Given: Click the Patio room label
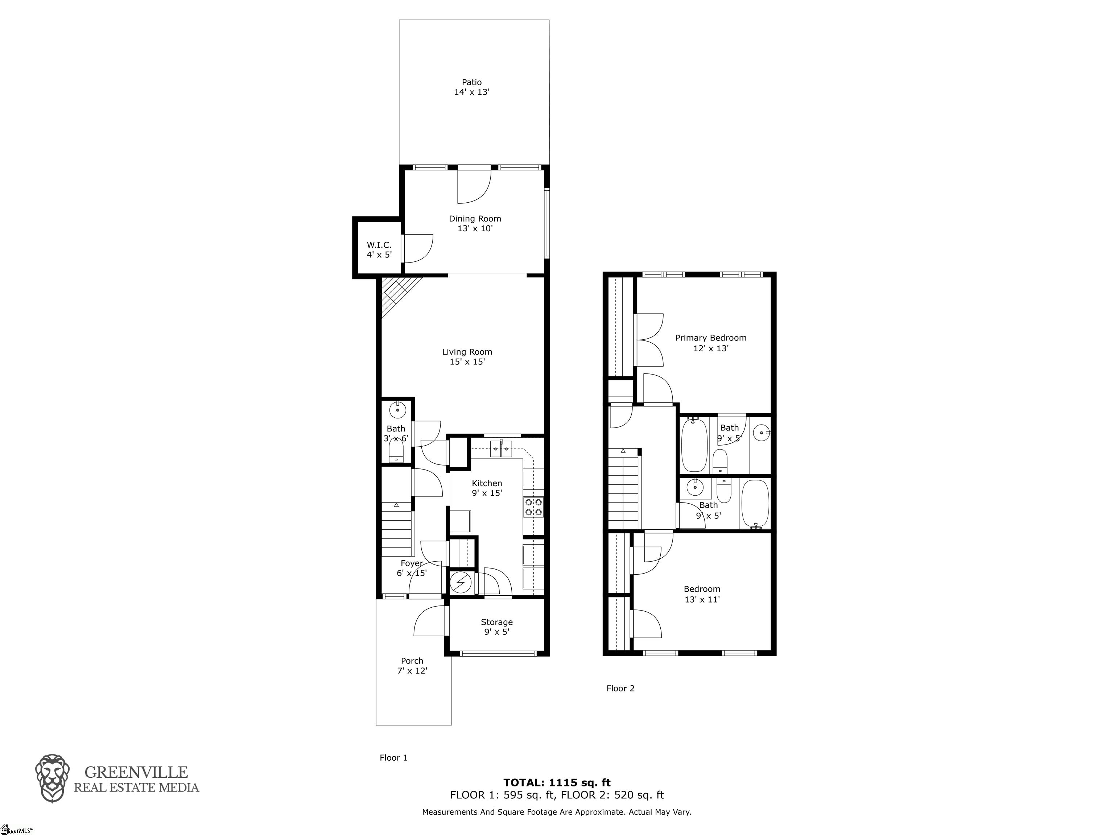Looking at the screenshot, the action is tap(472, 87).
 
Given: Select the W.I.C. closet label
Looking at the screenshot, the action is tap(379, 250).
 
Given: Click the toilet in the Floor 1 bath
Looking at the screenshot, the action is tap(396, 450).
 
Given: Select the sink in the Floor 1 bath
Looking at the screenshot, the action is tap(398, 410).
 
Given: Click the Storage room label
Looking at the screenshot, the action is tap(496, 627).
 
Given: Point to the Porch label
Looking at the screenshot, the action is tap(412, 666).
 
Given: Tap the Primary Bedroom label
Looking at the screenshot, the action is tap(711, 343).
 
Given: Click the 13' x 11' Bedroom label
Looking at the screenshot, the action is tap(702, 594).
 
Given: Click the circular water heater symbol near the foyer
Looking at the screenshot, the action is tap(460, 583).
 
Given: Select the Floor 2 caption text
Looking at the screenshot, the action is tap(620, 689).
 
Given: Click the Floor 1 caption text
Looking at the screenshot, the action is tap(393, 757).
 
